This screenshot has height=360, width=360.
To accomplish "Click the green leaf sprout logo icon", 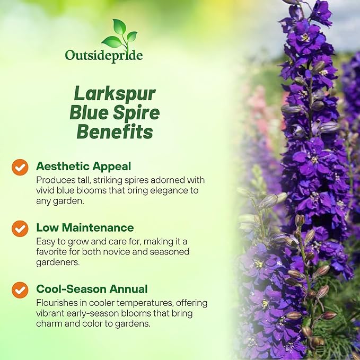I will (119, 34).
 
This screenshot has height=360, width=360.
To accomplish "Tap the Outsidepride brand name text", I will (104, 55).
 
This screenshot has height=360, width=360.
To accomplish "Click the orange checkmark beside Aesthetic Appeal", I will (20, 167).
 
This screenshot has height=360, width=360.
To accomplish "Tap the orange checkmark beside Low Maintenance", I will (20, 229).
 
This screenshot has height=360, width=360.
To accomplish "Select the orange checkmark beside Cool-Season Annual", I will (20, 290).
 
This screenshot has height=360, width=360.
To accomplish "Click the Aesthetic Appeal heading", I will (83, 166).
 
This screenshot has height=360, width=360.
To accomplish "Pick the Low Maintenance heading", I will (85, 228).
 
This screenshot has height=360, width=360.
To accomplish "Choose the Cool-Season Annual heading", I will (92, 289).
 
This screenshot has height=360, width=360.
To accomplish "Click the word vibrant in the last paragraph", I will (51, 313).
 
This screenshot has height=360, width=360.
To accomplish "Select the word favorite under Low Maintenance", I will (53, 252).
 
